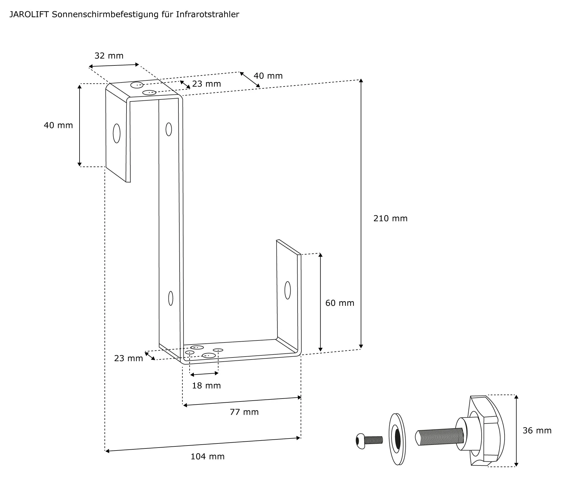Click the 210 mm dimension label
tap(390, 218)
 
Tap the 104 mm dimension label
tap(208, 456)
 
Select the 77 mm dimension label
tap(244, 412)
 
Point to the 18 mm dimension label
tap(206, 385)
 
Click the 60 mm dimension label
tap(340, 303)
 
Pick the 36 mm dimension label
tap(537, 431)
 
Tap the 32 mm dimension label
tap(109, 56)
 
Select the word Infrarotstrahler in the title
tap(208, 14)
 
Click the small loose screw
tap(369, 441)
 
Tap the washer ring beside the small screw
tap(397, 439)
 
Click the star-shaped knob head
tap(487, 431)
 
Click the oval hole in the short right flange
tap(288, 290)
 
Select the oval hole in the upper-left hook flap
tap(117, 133)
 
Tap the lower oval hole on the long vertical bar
tap(171, 298)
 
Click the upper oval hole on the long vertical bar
tap(168, 129)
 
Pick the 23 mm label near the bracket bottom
tap(128, 358)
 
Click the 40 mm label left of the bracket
tap(58, 125)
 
